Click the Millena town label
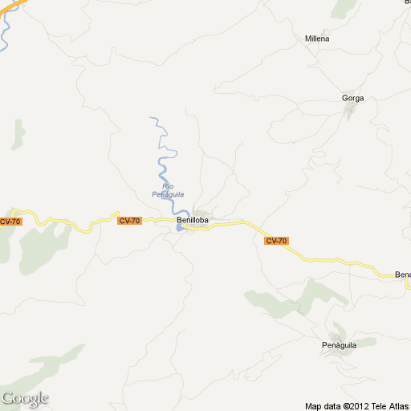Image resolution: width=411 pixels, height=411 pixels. pos(317,39)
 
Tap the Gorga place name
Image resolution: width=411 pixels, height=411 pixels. pos(352,98)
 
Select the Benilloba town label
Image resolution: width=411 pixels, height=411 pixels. pos(193,221)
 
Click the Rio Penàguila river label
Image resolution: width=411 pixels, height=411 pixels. pos(168,190)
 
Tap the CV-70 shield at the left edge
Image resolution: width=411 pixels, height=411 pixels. pos(10,222)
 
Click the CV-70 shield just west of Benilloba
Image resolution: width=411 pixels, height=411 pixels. pos(129,221)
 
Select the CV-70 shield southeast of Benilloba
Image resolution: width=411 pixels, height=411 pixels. pos(276,241)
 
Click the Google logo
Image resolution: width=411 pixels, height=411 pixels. pos(25,398)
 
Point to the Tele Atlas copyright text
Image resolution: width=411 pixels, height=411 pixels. pos(357,405)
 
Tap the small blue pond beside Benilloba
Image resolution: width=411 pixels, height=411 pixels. pos(179,229)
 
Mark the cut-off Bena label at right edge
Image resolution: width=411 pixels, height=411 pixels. pos(402,275)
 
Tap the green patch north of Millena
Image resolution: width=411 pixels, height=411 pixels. pos(344,8)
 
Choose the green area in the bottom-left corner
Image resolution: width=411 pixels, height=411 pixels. pos(48,369)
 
